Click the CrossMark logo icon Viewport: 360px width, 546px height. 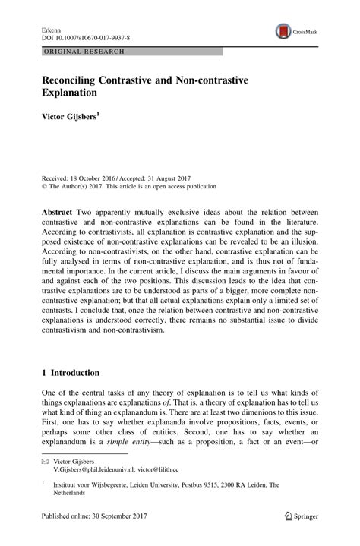283,31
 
